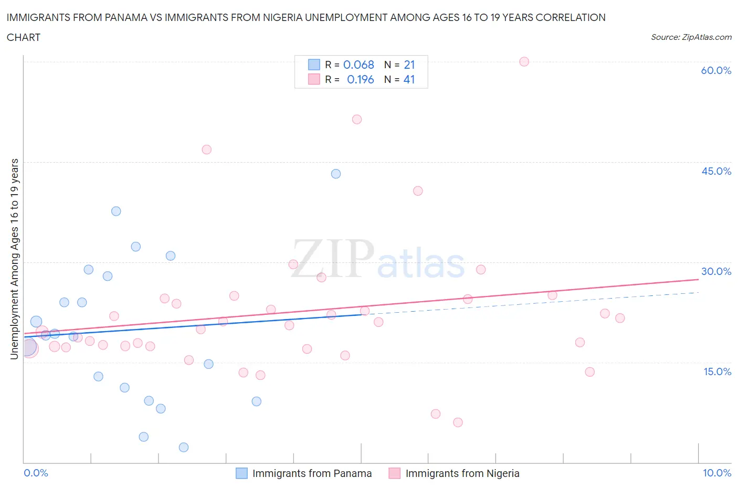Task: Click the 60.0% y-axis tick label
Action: click(x=716, y=70)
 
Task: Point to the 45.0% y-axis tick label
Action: click(x=716, y=171)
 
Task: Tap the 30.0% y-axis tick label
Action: click(x=716, y=271)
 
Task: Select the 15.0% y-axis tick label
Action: click(x=716, y=372)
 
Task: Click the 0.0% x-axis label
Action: click(x=36, y=473)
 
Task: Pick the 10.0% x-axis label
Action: click(x=717, y=473)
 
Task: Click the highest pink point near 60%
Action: click(x=524, y=61)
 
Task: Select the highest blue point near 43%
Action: click(x=336, y=174)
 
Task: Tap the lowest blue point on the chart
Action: click(x=184, y=447)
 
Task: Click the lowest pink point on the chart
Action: click(x=458, y=422)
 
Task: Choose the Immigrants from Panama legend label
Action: click(x=312, y=473)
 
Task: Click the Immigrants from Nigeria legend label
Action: click(x=462, y=473)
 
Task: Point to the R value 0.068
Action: click(x=359, y=65)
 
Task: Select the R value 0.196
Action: click(x=361, y=79)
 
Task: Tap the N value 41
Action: click(x=409, y=79)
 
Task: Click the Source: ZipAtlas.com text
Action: click(x=691, y=37)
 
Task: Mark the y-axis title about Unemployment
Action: click(x=15, y=259)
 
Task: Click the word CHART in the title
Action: click(x=24, y=37)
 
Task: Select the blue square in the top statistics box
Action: click(x=314, y=65)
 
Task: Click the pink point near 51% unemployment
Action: click(x=357, y=119)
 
